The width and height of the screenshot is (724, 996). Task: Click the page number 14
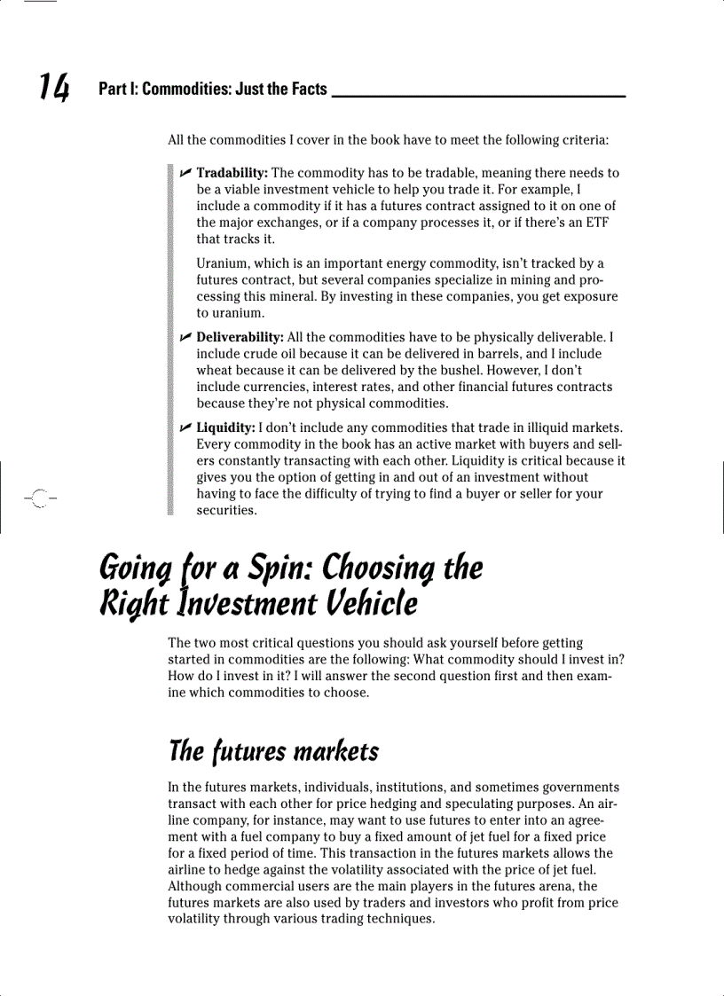pyautogui.click(x=53, y=88)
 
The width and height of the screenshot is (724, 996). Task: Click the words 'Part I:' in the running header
pyautogui.click(x=118, y=90)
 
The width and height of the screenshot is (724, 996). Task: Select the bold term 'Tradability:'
pyautogui.click(x=232, y=173)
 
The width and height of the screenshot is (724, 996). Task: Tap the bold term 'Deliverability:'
pyautogui.click(x=240, y=338)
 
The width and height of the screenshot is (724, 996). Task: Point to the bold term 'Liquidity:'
pyautogui.click(x=225, y=428)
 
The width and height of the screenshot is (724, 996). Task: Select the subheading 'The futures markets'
pyautogui.click(x=273, y=752)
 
